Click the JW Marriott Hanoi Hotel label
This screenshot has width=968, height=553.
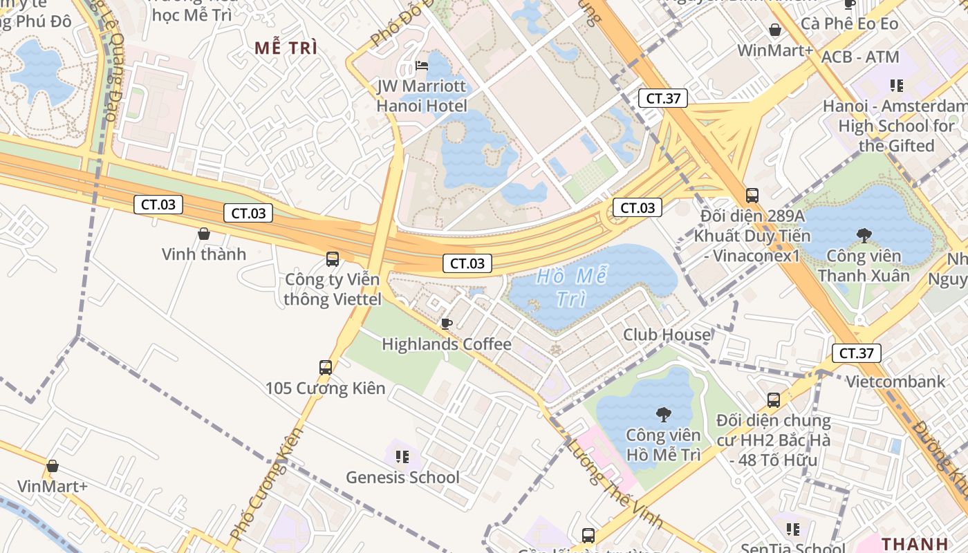(x=422, y=97)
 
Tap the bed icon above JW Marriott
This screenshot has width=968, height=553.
(x=422, y=66)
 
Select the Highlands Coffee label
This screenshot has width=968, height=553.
(x=447, y=344)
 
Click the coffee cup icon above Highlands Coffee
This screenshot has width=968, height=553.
(x=447, y=324)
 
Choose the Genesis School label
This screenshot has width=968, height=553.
(x=402, y=477)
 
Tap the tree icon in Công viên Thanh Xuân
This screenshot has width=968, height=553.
(x=864, y=236)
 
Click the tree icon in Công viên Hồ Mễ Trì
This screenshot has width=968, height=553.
(x=663, y=415)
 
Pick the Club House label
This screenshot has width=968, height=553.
(x=667, y=335)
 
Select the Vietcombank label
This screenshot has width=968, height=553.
(x=895, y=382)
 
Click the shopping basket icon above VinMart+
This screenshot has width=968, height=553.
(x=53, y=466)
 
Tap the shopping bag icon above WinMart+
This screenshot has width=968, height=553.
(x=775, y=30)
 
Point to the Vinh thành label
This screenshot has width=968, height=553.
(x=204, y=254)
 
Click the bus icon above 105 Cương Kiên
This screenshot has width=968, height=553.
(x=326, y=368)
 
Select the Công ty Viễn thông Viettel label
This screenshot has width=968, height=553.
(x=333, y=290)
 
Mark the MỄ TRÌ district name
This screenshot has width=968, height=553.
(x=286, y=48)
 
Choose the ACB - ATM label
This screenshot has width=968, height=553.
(x=860, y=57)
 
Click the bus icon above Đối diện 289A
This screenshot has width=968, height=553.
(x=752, y=196)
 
